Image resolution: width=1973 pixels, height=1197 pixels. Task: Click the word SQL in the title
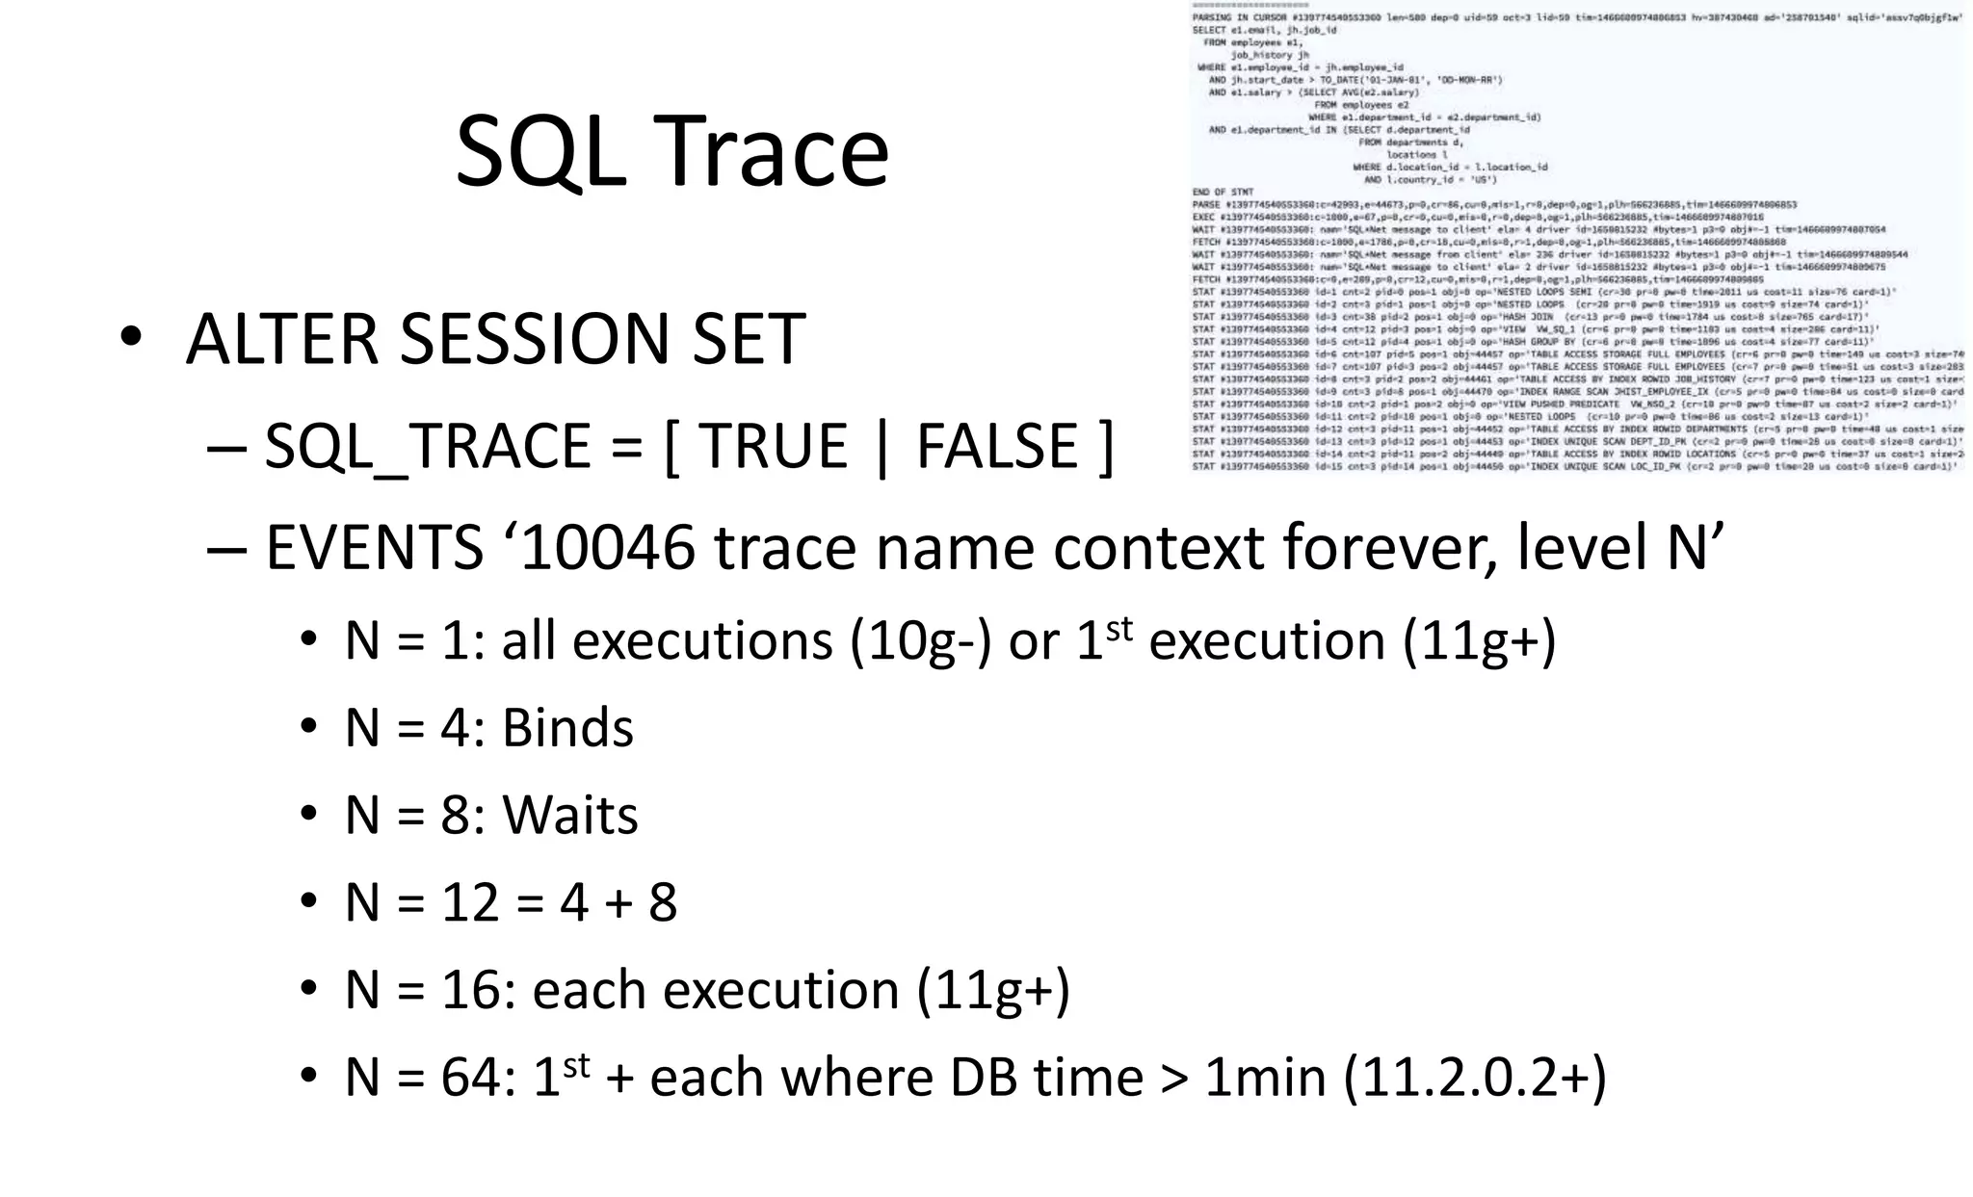coord(539,152)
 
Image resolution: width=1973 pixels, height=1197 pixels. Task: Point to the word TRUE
coord(774,446)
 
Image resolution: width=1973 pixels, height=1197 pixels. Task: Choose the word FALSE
coord(997,446)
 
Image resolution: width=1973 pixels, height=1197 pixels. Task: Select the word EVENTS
coord(374,548)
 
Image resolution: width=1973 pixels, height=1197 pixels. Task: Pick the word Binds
coord(567,728)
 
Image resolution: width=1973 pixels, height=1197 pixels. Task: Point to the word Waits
coord(569,816)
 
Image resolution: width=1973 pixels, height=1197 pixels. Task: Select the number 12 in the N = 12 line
coord(469,903)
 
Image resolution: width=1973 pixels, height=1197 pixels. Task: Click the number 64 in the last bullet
coord(471,1078)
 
